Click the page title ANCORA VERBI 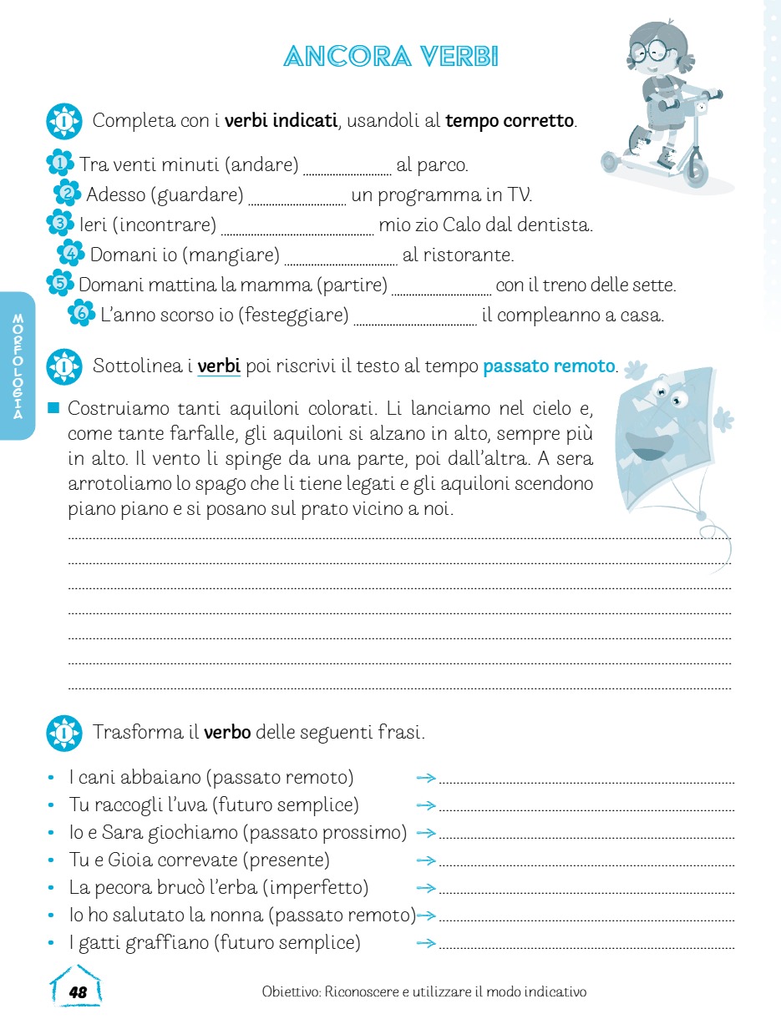coord(391,57)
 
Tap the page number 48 coord(78,992)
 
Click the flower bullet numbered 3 coord(59,223)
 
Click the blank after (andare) coord(347,169)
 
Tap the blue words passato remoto coord(549,366)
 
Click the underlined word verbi coord(219,366)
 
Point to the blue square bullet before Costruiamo coord(55,408)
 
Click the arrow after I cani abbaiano coord(426,779)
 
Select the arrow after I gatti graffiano coord(426,944)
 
